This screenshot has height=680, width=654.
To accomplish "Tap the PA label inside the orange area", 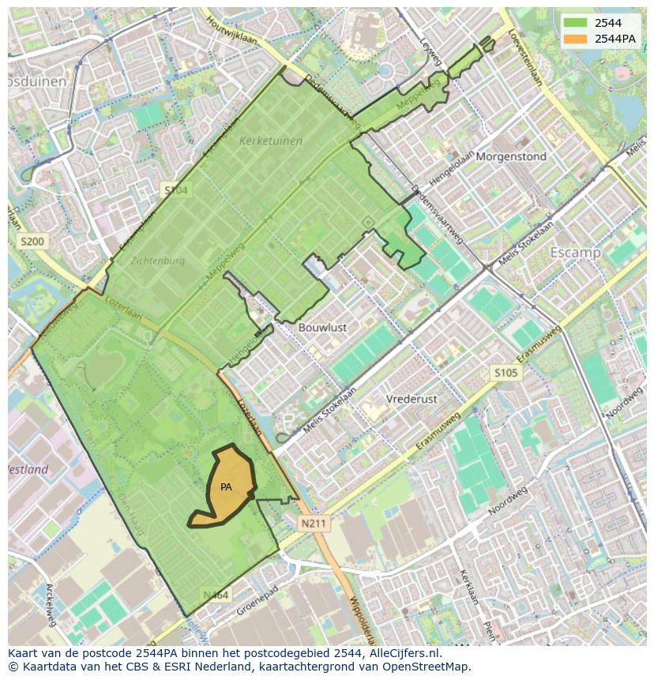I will [x=226, y=487].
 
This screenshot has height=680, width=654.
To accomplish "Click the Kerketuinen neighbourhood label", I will [x=270, y=141].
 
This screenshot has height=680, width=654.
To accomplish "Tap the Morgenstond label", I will [x=511, y=156].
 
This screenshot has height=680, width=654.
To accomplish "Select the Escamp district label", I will [x=576, y=253].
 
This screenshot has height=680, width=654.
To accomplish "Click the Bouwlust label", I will [x=322, y=327].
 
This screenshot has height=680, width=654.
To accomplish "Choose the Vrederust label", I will [x=412, y=399].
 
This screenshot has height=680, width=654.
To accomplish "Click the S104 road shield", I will [x=175, y=190].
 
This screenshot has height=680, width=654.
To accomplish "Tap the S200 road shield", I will [x=34, y=241].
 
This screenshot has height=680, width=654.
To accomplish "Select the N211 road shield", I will [x=315, y=523].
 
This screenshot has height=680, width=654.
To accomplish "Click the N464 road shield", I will [x=215, y=595].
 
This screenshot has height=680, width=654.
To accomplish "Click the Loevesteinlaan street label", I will [x=526, y=58].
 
